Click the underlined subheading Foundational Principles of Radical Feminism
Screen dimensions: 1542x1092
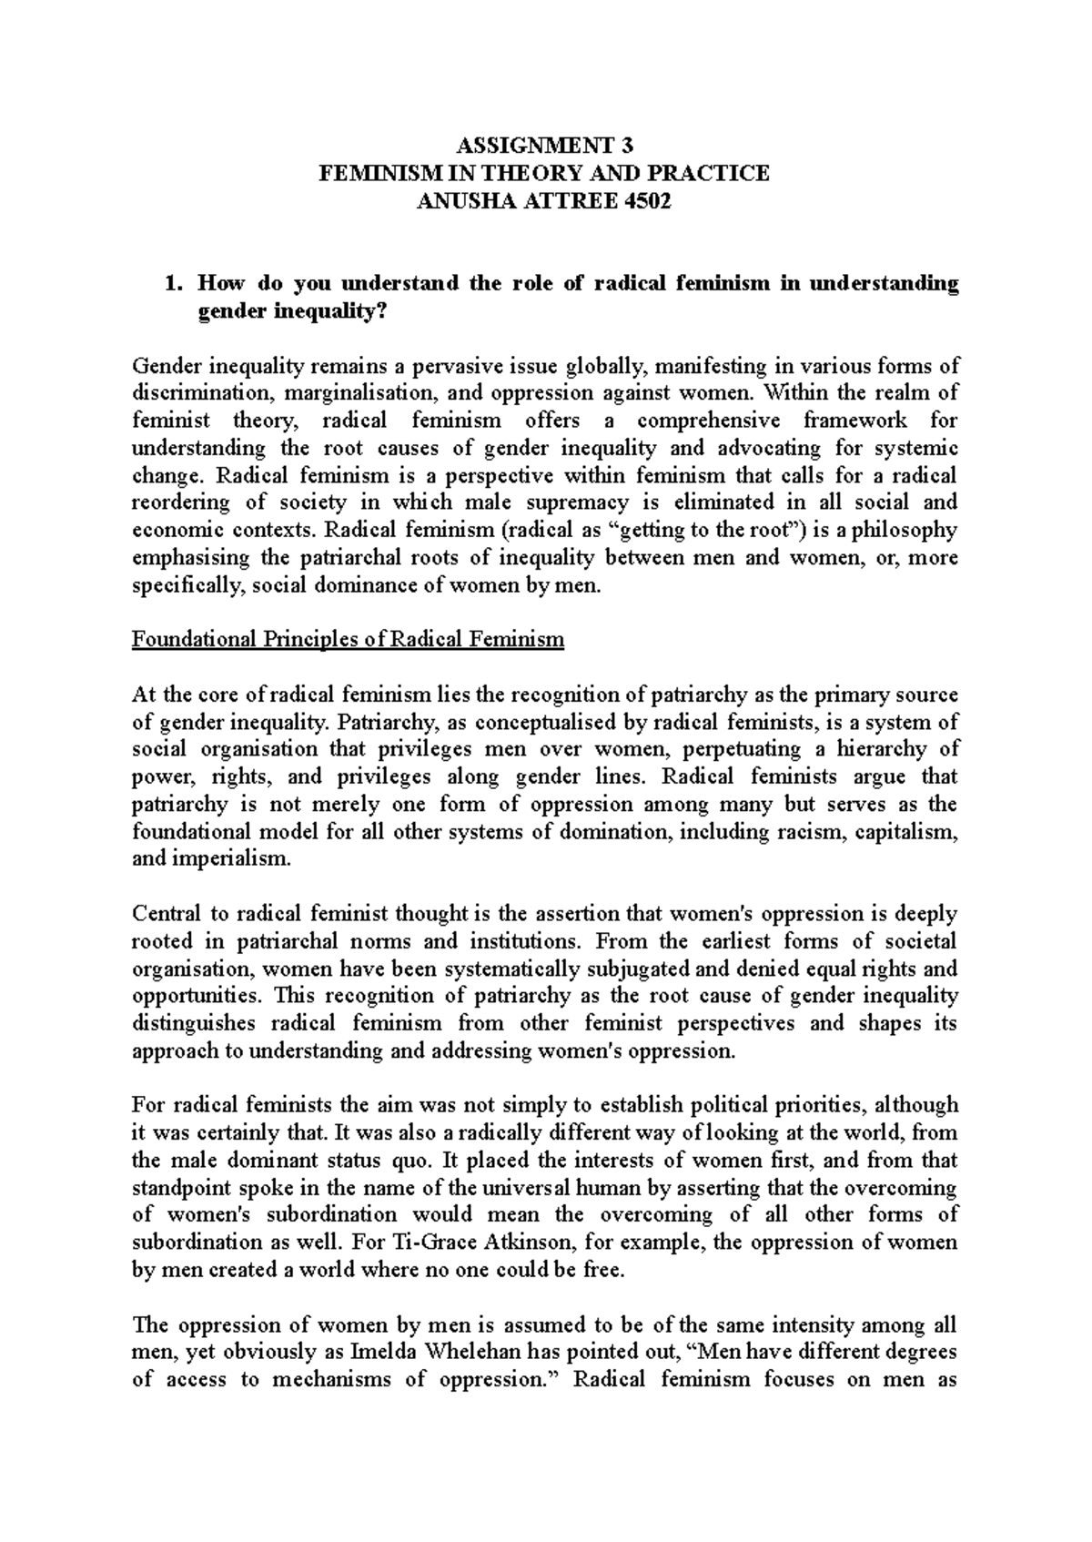click(x=348, y=640)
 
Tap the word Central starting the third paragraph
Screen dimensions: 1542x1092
click(x=163, y=914)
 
